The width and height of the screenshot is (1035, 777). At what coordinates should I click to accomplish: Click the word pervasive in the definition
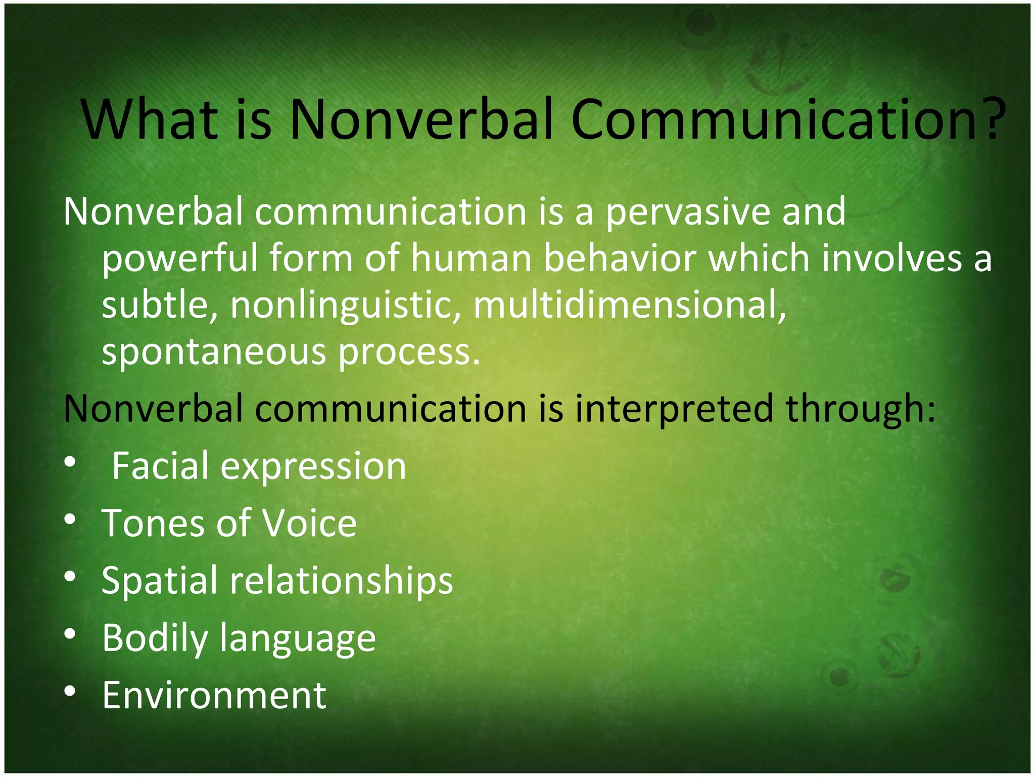coord(687,212)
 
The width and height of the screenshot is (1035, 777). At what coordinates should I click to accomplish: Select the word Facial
coord(160,466)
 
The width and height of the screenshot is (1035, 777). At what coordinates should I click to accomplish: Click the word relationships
coord(341,580)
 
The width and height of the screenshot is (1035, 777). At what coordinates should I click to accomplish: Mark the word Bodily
coord(155,639)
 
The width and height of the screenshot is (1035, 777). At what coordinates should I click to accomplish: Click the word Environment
coord(214,696)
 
